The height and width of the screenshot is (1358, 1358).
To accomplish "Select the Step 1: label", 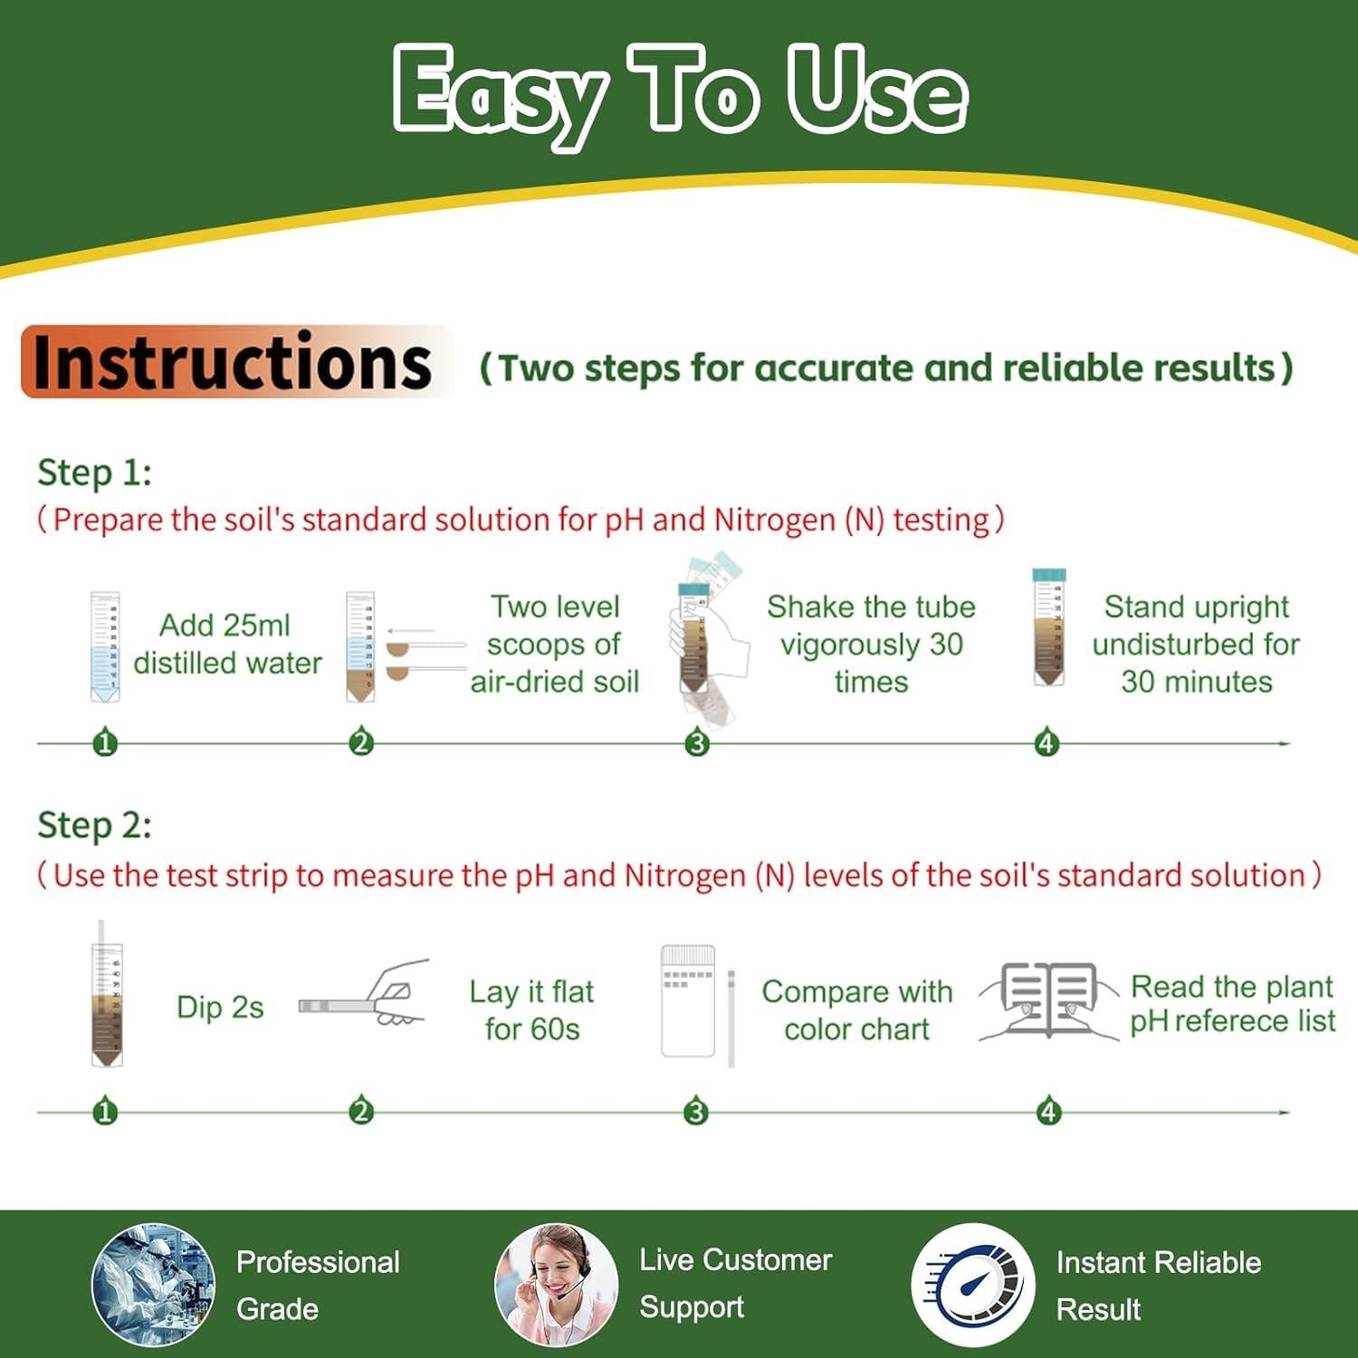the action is (94, 473).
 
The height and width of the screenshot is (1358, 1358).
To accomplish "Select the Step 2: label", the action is (94, 826).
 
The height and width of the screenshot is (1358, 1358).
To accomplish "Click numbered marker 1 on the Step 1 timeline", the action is (105, 743).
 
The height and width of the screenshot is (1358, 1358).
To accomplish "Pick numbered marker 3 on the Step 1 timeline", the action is (696, 743).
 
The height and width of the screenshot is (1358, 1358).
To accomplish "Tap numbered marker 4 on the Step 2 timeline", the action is (1048, 1111).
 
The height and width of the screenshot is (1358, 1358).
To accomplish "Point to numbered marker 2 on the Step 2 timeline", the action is (361, 1111).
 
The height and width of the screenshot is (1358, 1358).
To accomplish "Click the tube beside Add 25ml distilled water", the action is (105, 646).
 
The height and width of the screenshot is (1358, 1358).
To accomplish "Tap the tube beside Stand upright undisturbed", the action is (1049, 626).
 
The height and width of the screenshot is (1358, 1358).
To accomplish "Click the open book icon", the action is (1049, 1000).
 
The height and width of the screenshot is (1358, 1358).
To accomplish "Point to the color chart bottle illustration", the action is (688, 1001).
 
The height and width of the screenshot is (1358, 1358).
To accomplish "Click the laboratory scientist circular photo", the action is (154, 1284).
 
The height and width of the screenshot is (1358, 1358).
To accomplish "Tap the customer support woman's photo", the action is (556, 1284).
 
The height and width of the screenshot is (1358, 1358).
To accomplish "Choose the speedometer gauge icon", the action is (973, 1284).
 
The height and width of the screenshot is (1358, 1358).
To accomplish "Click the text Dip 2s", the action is (220, 1008).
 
